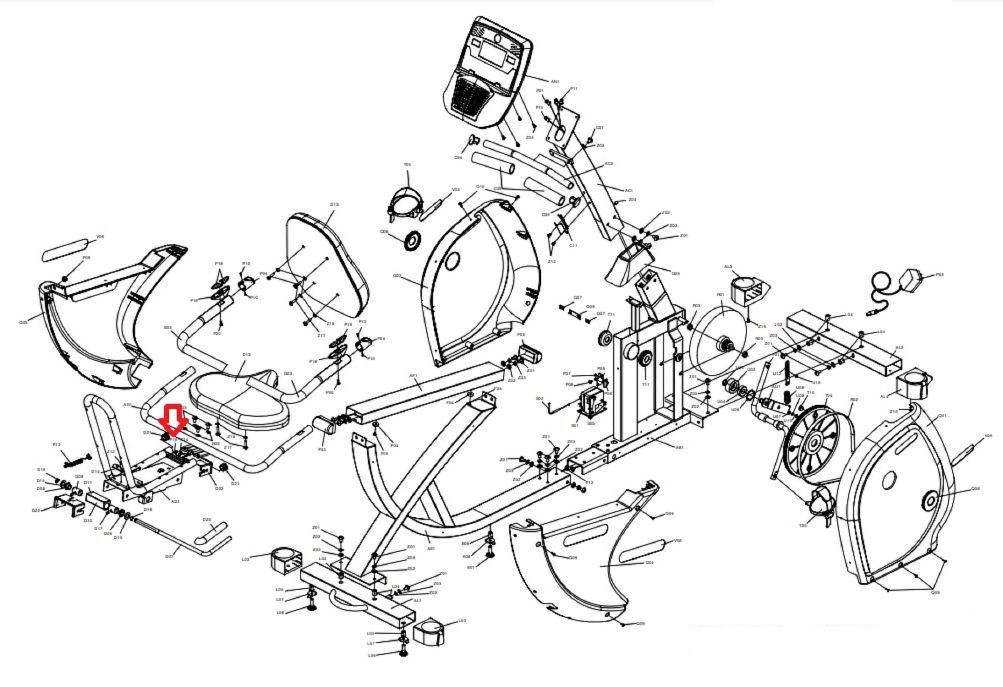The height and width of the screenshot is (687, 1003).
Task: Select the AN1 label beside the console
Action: [555, 81]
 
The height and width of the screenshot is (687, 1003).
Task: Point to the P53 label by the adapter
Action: [939, 275]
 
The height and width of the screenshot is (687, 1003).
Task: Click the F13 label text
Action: [57, 445]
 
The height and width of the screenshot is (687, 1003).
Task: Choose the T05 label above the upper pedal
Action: [407, 165]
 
